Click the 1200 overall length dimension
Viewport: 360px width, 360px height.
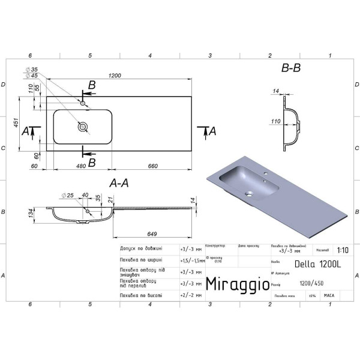(x=115, y=76)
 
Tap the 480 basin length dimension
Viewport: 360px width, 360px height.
(x=80, y=166)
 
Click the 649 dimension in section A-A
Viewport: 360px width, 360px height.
(x=152, y=233)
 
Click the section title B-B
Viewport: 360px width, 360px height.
(x=290, y=68)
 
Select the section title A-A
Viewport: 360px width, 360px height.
(x=119, y=183)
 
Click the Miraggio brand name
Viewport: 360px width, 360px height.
(x=238, y=283)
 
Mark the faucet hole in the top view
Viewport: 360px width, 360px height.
(x=83, y=104)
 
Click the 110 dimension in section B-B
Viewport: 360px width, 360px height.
(x=275, y=122)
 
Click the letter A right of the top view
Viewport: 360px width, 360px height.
(x=213, y=130)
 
